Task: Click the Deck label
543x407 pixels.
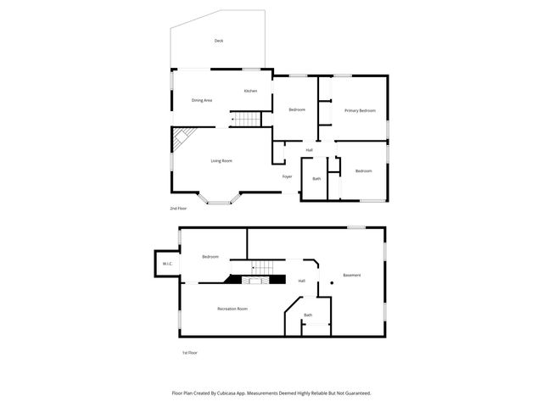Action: click(219, 41)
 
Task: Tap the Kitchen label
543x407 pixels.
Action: click(250, 91)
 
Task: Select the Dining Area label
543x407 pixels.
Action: click(201, 100)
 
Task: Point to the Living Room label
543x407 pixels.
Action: click(221, 160)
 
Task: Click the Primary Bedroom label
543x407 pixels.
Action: click(360, 110)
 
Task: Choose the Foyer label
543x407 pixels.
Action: click(288, 176)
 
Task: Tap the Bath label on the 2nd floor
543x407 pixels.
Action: click(316, 178)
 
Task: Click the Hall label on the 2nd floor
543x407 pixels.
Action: click(310, 150)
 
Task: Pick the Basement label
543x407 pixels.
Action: click(351, 275)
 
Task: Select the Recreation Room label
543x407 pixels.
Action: click(232, 309)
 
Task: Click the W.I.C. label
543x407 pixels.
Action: click(168, 263)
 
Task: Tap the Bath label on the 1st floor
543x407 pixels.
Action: click(308, 315)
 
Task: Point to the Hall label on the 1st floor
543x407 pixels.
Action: click(301, 281)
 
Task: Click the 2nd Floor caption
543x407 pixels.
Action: click(178, 208)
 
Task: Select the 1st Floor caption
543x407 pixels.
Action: click(190, 353)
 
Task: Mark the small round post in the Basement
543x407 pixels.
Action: click(331, 283)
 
